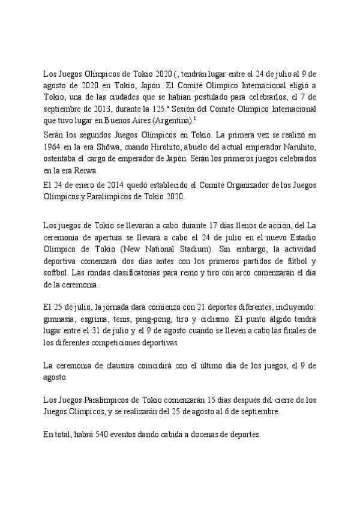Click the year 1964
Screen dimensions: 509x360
pos(53,147)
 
